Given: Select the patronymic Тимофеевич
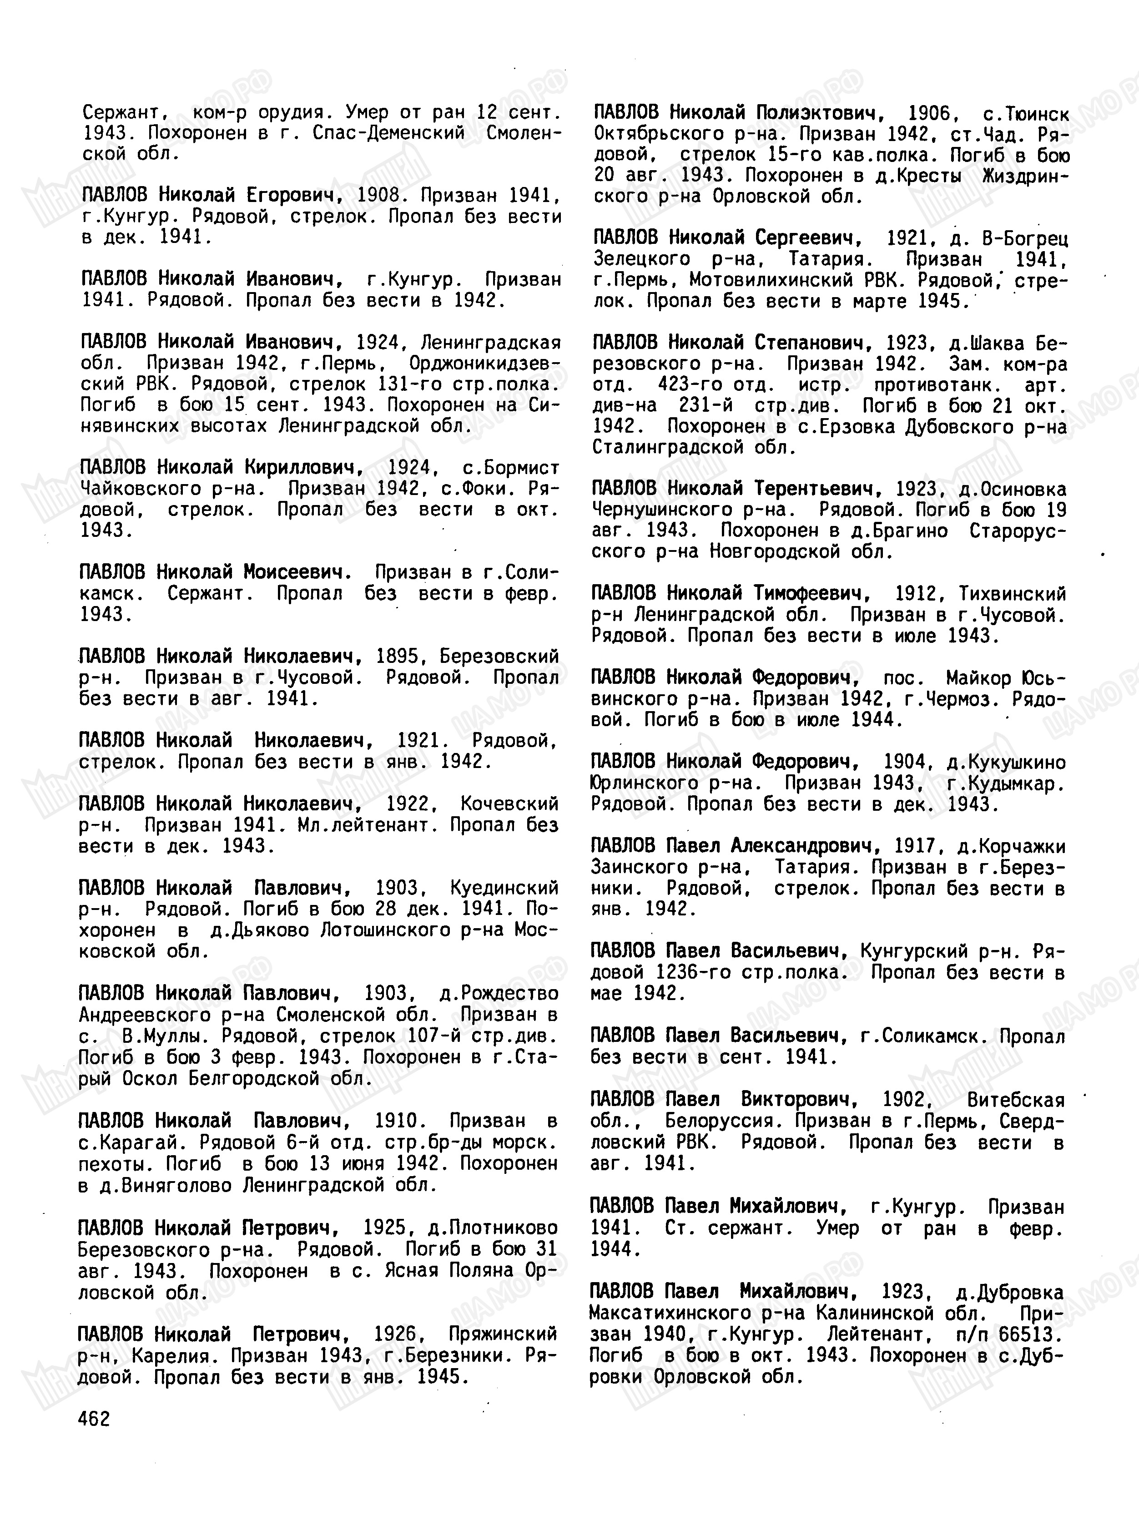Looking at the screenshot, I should coord(811,594).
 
